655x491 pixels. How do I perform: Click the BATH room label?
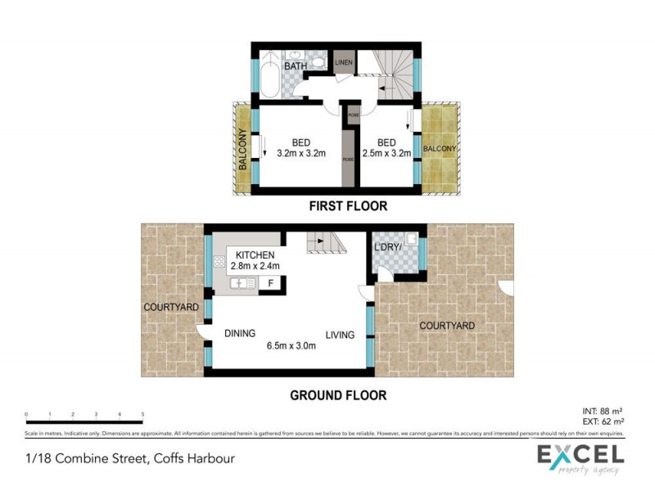coord(295,65)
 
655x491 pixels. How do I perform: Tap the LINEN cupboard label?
coord(344,61)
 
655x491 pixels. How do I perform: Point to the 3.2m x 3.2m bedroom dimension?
coord(301,153)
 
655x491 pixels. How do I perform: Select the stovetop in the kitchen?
coord(219,263)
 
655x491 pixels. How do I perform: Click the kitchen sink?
coord(243,283)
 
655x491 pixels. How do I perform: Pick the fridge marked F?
coord(271,284)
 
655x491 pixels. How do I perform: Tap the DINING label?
coord(240,333)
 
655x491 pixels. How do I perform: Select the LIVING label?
coord(340,335)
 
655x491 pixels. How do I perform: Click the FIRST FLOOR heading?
coord(348,206)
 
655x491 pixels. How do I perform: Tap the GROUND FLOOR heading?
coord(338,395)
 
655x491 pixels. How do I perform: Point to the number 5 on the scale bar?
coord(142,414)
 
